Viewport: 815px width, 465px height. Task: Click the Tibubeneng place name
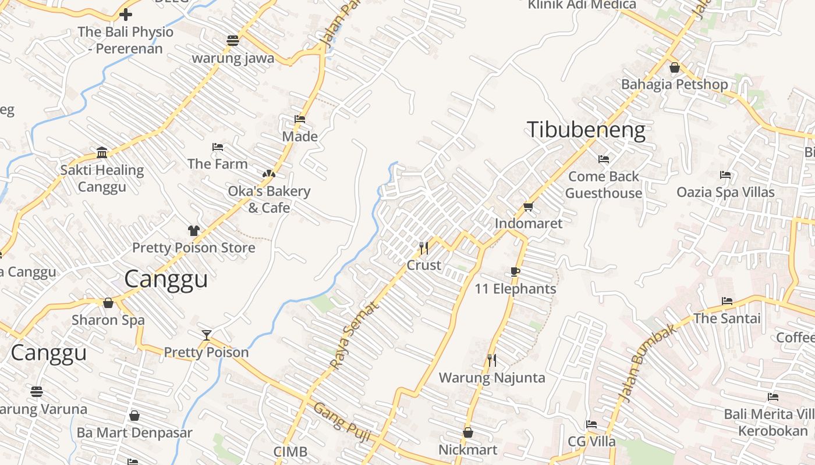586,130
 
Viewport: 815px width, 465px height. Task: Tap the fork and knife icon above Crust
424,248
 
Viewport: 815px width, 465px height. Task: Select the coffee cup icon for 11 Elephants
515,271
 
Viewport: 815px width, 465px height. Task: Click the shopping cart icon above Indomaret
529,206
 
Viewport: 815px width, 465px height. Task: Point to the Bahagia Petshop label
674,84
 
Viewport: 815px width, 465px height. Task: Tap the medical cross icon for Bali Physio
126,15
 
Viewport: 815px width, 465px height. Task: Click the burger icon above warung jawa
233,40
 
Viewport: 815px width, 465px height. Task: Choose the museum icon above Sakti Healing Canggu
102,153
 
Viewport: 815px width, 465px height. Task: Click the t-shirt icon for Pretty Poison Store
194,230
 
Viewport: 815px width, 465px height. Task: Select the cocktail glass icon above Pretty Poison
206,335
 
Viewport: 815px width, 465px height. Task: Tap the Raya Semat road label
353,335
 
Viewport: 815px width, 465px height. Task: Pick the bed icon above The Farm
218,147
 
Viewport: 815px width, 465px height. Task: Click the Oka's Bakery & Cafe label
269,199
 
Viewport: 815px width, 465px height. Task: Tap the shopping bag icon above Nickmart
468,432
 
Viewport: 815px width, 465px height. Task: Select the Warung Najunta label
492,378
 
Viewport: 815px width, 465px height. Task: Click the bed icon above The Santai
727,301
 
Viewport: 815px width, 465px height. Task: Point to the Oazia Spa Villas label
725,192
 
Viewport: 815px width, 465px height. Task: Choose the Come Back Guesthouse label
604,184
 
